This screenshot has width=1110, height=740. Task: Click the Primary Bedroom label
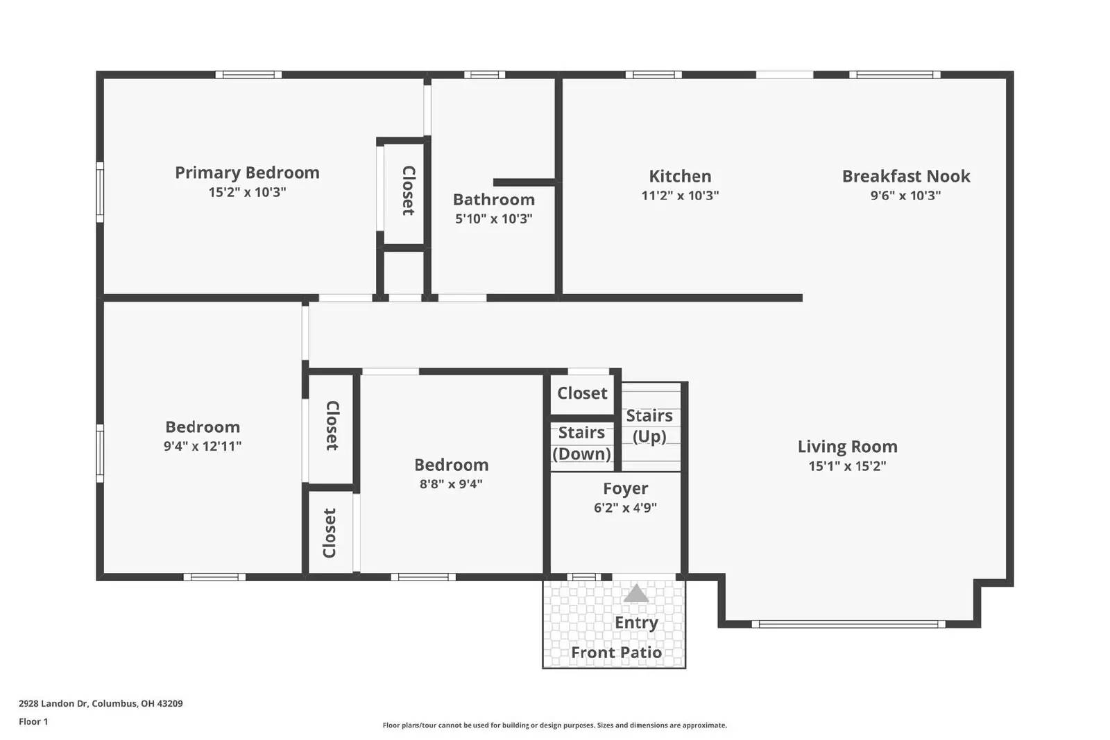coord(247,173)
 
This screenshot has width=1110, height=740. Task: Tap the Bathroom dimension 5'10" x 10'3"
coord(493,219)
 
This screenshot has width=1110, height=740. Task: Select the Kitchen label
coord(680,176)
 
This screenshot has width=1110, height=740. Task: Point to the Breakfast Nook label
coord(905,176)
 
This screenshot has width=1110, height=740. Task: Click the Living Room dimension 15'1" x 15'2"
coord(847,466)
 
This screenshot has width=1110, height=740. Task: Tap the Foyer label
coord(625,489)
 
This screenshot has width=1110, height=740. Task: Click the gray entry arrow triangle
coord(636,594)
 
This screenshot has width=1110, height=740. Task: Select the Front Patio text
coord(616,653)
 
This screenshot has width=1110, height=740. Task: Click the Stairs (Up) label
coord(649,426)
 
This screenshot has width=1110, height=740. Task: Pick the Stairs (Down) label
coord(581,443)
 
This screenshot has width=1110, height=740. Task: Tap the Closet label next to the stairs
coord(582,393)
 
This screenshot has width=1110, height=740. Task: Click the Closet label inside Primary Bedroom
coord(409,191)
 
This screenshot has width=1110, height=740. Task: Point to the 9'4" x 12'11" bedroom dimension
coord(202,447)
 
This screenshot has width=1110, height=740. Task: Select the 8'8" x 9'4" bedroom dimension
coord(451,484)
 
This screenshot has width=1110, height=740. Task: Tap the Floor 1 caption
coord(33,721)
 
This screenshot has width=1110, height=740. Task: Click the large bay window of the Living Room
coord(848,624)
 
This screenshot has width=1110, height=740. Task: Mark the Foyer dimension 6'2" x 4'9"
coord(625,508)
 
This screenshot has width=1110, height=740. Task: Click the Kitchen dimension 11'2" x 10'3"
coord(680,196)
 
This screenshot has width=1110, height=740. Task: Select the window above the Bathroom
coord(484,75)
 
